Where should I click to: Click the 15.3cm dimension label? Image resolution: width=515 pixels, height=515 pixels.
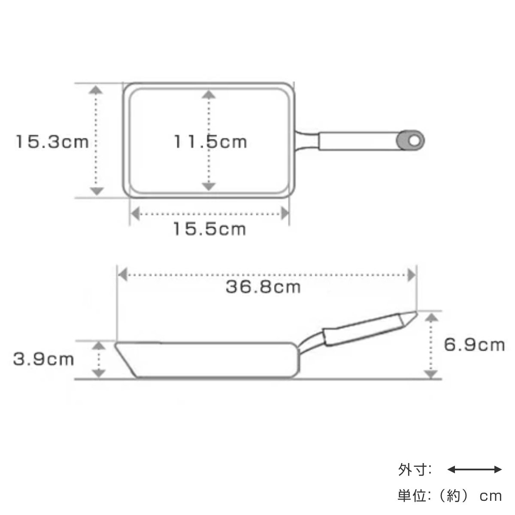click(52, 141)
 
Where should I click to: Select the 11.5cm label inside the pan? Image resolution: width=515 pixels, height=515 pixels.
click(210, 141)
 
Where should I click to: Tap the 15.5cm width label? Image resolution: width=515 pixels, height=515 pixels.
click(210, 229)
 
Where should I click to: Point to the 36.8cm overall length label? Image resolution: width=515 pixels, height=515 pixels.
click(263, 287)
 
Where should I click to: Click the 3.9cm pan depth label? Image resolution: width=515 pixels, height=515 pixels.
click(44, 359)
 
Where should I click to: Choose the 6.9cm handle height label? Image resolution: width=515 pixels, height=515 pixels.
click(474, 345)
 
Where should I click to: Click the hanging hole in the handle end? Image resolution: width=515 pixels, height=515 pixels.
click(414, 140)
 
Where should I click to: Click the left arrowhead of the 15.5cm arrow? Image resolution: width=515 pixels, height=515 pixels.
click(136, 213)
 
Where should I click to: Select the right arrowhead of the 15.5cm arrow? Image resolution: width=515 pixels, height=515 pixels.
click(284, 213)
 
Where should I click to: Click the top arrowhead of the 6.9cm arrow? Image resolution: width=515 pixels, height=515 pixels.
click(431, 318)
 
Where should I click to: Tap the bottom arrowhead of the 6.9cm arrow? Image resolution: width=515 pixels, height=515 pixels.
click(431, 374)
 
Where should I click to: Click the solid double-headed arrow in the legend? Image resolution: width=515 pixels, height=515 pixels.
click(474, 470)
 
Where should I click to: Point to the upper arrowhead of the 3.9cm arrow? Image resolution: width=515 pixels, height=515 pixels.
click(99, 347)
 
